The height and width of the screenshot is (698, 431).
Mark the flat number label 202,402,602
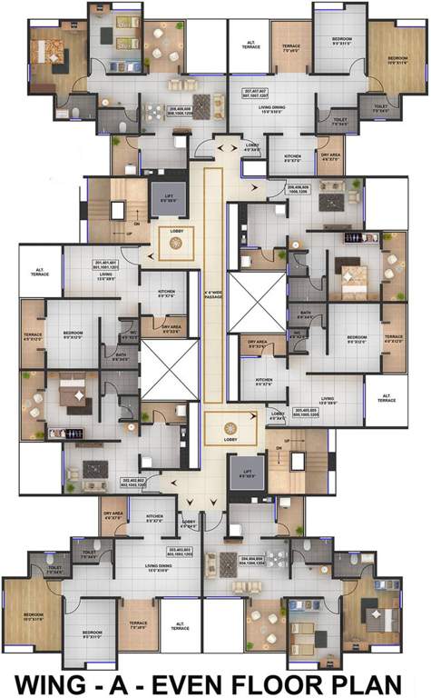point(134,483)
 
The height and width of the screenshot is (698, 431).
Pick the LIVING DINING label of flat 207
point(271,109)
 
